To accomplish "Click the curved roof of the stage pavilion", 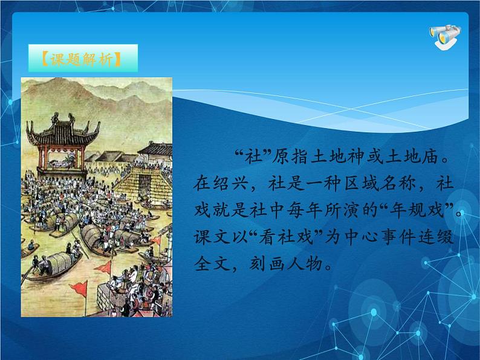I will click(62, 129).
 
